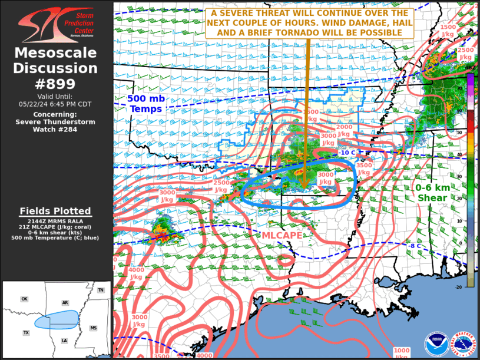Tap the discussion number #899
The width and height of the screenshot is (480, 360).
(56, 83)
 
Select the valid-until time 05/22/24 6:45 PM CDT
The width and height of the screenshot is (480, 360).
(56, 104)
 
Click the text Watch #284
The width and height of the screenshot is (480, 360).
(56, 130)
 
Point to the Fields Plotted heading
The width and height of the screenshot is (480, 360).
(55, 211)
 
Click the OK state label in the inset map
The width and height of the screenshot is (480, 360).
(24, 299)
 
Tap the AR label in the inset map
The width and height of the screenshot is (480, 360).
(65, 303)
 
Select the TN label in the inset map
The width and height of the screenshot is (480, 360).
(101, 290)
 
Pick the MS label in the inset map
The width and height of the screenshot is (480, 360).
(93, 328)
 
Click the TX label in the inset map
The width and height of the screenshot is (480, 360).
(26, 333)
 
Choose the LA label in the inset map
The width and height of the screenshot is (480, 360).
(64, 341)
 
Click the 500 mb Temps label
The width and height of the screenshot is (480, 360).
(145, 104)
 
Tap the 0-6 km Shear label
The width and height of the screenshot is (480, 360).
(432, 193)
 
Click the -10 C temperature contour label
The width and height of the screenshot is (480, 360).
(347, 153)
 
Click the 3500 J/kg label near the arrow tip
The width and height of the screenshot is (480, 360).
(364, 170)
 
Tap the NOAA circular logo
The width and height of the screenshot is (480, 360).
(436, 343)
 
